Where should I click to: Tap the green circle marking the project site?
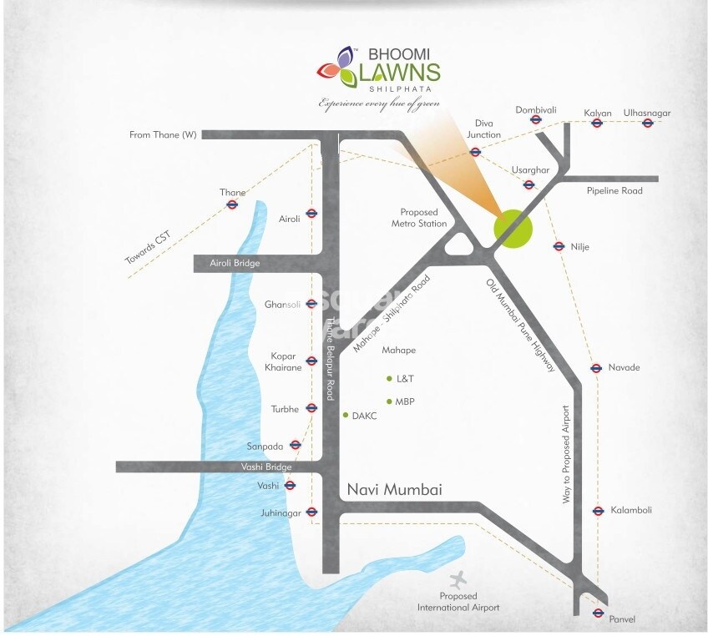pos(513,227)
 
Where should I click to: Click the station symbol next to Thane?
pos(232,204)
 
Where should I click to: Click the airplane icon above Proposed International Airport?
pos(457,578)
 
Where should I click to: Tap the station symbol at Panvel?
pos(598,613)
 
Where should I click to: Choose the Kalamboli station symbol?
pos(598,511)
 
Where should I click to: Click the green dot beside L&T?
pos(389,378)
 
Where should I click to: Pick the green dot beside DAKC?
pos(345,414)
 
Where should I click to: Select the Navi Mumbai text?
pos(393,489)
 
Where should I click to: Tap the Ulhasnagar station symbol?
pos(647,124)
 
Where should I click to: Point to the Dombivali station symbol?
pos(536,120)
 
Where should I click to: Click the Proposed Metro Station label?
pos(419,218)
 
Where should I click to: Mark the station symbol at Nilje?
pos(559,246)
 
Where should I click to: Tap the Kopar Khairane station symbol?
pos(311,362)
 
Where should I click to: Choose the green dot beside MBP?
pos(389,401)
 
